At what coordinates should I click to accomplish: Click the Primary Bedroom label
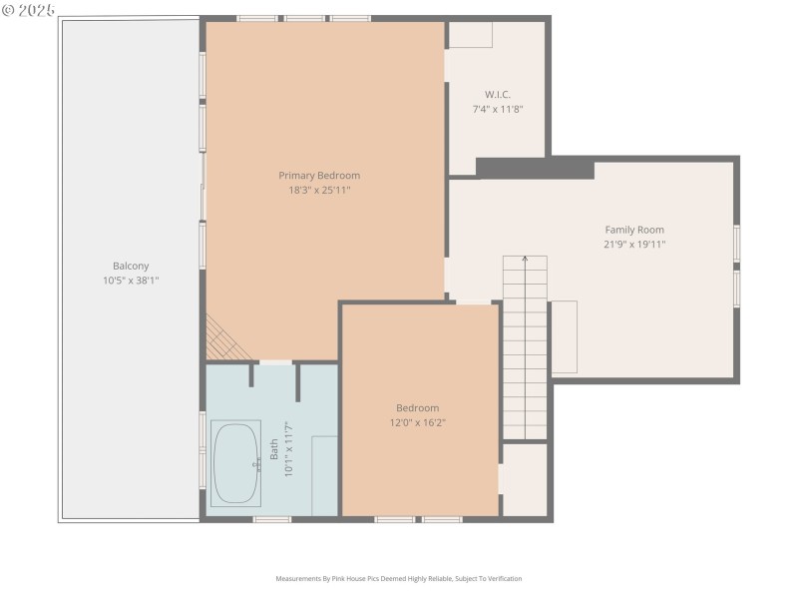(x=319, y=176)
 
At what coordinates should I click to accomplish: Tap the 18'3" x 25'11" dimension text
(x=319, y=190)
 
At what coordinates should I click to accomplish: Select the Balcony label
(x=131, y=266)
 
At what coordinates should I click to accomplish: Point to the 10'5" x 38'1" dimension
(x=131, y=281)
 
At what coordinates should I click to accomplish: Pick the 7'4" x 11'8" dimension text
(x=497, y=108)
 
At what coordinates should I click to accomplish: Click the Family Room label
(x=633, y=230)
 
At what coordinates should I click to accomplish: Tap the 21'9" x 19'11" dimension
(x=633, y=244)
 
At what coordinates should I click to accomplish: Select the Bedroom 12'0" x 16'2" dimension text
(x=417, y=422)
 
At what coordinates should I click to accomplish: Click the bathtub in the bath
(x=236, y=462)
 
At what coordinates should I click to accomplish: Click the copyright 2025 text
(x=29, y=9)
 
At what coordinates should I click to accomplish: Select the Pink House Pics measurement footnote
(x=399, y=578)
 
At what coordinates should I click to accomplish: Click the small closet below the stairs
(x=525, y=479)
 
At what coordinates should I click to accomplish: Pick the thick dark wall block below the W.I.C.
(x=534, y=168)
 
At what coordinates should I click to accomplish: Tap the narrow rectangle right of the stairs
(x=564, y=336)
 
